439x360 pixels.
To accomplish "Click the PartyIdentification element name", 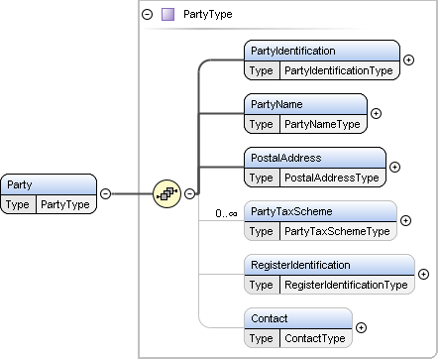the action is (293, 51).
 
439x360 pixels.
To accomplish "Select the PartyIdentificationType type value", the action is (339, 70).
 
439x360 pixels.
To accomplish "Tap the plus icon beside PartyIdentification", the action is (409, 60).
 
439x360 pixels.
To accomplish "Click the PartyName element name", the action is (276, 104).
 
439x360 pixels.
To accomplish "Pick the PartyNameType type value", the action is (322, 124).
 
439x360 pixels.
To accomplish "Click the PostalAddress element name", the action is (285, 158).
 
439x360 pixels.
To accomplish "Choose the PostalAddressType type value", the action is (332, 178).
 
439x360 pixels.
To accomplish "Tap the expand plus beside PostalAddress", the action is (394, 167).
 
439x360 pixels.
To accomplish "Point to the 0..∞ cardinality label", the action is (226, 213).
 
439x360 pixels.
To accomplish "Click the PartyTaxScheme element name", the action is (291, 211).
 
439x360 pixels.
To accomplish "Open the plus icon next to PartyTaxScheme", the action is (405, 220).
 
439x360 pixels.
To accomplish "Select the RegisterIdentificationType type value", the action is (346, 285).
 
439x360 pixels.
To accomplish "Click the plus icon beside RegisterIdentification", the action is (423, 274).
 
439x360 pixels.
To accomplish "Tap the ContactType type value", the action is (315, 338).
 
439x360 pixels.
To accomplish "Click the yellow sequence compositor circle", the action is (167, 193).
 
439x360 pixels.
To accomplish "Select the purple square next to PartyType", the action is (167, 15).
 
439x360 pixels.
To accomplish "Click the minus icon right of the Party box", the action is (105, 193).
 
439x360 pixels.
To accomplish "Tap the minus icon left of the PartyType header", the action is (148, 14).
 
